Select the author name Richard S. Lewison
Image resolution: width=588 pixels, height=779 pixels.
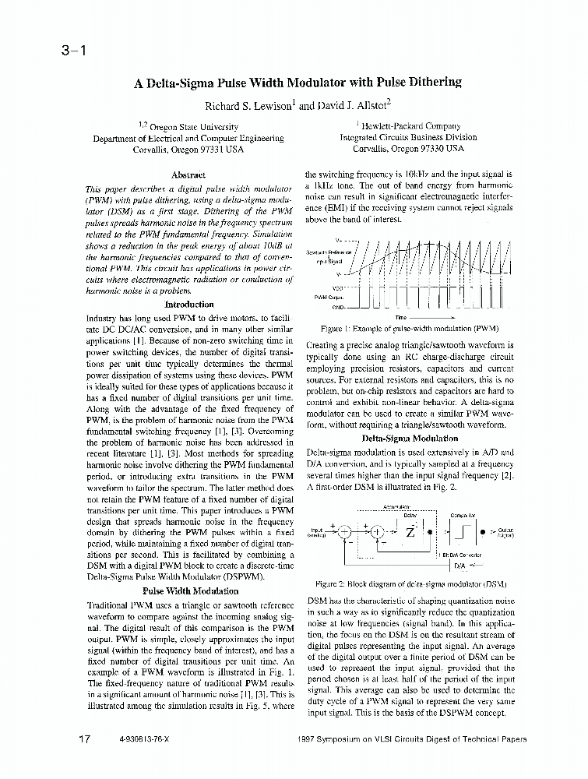pos(248,104)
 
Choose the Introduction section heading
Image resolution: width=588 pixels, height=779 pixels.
pos(190,305)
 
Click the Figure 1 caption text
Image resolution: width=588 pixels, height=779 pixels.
pos(410,329)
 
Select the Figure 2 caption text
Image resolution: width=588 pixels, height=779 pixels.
pos(410,582)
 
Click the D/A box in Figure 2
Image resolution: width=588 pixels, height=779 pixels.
pos(459,566)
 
